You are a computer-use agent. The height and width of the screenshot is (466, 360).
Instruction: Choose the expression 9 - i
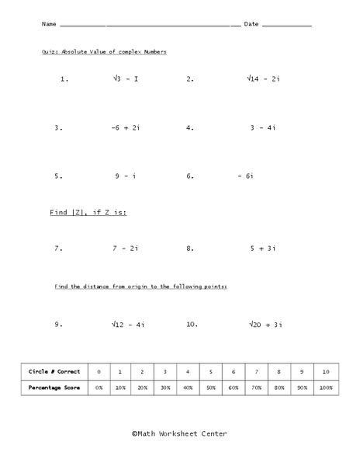tap(126, 176)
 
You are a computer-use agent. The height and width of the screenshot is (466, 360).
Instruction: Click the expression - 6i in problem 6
tap(246, 176)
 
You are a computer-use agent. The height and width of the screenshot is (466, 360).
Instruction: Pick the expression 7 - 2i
tap(125, 249)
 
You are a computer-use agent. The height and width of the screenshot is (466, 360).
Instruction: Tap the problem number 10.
tap(192, 325)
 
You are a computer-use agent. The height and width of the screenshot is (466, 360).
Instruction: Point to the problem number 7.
tap(57, 249)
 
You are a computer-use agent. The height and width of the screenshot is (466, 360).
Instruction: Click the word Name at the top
tap(49, 25)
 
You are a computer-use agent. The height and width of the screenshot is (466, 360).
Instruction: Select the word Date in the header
tap(251, 25)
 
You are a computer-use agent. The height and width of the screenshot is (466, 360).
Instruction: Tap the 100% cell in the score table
tap(326, 386)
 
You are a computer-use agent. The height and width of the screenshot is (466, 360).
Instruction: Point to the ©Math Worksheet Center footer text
tap(179, 434)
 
